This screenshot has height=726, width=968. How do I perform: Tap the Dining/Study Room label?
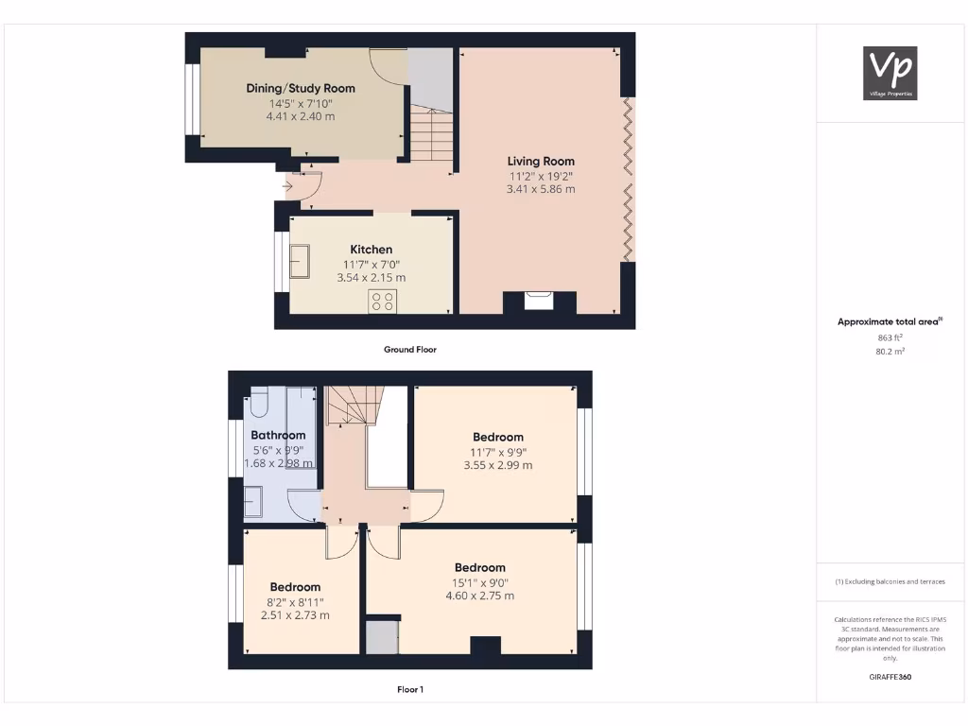point(301,88)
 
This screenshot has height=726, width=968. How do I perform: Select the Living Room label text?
point(541,161)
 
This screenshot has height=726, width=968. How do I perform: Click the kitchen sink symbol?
point(300,261)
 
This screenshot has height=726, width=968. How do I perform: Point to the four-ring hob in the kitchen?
point(383,302)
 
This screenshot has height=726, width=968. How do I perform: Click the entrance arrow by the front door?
point(287,186)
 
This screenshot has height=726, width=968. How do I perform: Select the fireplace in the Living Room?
point(539,301)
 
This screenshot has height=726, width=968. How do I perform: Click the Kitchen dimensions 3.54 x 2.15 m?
point(372,278)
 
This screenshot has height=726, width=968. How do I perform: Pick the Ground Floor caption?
point(409,350)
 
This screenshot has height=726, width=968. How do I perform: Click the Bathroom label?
point(278,435)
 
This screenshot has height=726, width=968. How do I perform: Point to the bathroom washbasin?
point(254,501)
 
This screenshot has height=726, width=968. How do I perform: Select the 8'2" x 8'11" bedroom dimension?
point(295,601)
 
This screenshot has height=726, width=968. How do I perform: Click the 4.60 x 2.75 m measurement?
point(480,596)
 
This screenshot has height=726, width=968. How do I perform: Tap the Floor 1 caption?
point(409,690)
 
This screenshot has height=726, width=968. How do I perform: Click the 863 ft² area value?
point(889,337)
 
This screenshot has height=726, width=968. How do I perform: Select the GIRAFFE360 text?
point(890,677)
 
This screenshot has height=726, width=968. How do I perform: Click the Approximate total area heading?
point(889,322)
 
